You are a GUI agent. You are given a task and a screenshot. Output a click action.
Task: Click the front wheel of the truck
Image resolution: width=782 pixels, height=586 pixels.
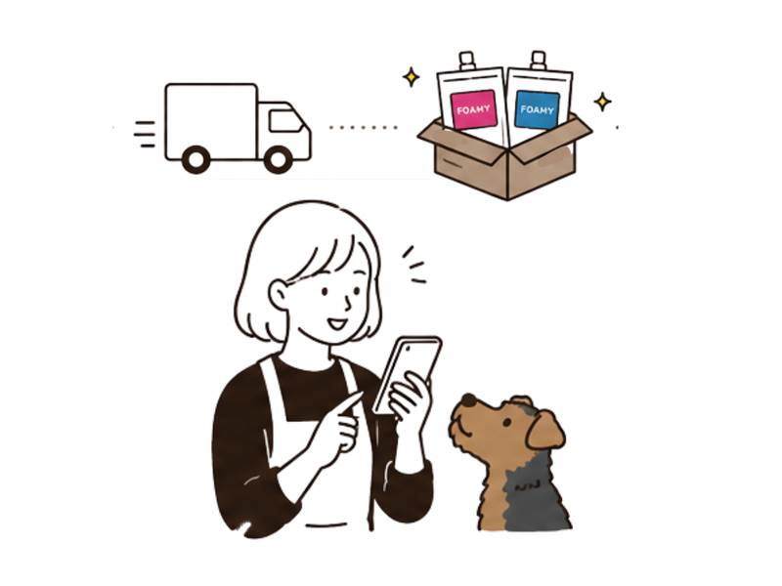tap(278, 159)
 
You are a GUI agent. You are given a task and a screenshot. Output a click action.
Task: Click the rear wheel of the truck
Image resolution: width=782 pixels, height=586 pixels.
tap(196, 159)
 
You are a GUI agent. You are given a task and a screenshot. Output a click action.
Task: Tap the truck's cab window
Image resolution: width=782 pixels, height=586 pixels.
tap(285, 120)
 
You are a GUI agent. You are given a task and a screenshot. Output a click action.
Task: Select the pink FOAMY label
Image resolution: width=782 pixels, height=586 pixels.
tap(473, 109)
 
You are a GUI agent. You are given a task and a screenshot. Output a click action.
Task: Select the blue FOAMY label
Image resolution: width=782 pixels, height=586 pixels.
tap(537, 110)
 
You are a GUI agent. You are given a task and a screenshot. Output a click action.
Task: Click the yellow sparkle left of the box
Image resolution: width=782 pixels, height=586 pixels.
tap(411, 77)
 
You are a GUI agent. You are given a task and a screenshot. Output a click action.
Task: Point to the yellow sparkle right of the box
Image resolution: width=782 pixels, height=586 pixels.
tap(602, 102)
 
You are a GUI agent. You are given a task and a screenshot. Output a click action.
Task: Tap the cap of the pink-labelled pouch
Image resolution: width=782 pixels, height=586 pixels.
tap(467, 62)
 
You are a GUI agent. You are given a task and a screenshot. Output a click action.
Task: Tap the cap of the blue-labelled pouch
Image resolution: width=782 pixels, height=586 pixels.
tap(539, 61)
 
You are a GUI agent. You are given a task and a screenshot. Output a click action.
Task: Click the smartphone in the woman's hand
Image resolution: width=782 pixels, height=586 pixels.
tap(408, 374)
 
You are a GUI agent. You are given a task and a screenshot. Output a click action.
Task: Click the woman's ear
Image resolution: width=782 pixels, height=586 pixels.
tap(279, 295)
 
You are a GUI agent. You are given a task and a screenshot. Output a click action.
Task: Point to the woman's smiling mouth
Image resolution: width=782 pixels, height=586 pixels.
tap(336, 324)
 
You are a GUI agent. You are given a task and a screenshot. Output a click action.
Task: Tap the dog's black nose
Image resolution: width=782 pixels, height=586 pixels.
tap(469, 399)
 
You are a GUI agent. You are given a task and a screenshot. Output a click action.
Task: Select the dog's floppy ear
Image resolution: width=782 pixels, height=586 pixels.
tap(545, 430)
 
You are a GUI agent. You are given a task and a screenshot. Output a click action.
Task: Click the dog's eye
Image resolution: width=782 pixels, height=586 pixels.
tap(506, 423)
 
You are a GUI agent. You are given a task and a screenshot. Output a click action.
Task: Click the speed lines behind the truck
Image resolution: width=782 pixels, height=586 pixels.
tap(145, 134)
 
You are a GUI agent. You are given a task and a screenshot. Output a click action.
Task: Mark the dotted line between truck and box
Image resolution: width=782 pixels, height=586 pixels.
tap(363, 128)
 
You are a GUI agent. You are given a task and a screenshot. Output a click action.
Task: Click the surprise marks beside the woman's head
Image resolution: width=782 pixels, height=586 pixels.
tap(414, 265)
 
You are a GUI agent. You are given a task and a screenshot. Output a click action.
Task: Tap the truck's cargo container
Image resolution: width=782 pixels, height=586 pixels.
tap(211, 122)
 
